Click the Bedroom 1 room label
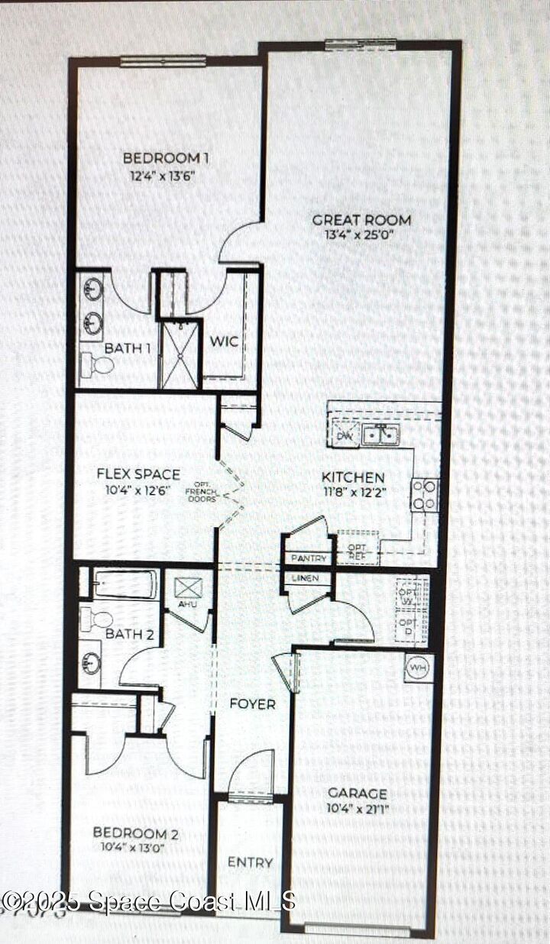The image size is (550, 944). pyautogui.click(x=166, y=158)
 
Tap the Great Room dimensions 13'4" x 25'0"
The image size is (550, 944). pyautogui.click(x=361, y=234)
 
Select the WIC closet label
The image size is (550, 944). pyautogui.click(x=224, y=341)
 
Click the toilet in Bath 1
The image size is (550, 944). pyautogui.click(x=98, y=365)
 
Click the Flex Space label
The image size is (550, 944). pyautogui.click(x=138, y=474)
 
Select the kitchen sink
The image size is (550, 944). pyautogui.click(x=380, y=435)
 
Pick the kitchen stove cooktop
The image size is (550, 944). pyautogui.click(x=425, y=494)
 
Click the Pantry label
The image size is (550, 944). pyautogui.click(x=309, y=559)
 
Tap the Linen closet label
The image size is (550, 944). pyautogui.click(x=306, y=578)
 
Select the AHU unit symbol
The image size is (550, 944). pyautogui.click(x=187, y=590)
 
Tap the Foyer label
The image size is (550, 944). pyautogui.click(x=252, y=703)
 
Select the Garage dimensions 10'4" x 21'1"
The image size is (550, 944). pyautogui.click(x=357, y=807)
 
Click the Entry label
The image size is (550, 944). pyautogui.click(x=250, y=862)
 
